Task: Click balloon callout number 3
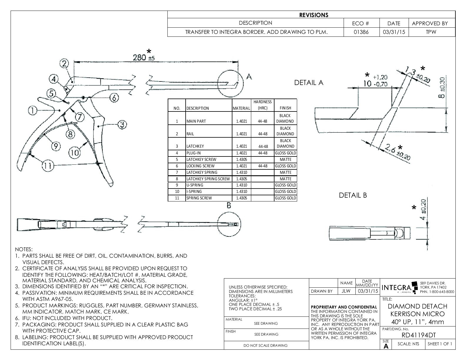tap(122, 125)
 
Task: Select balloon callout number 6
tap(114, 97)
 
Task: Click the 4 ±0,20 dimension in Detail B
tap(423, 210)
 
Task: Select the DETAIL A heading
tap(309, 83)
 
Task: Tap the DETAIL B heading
tap(353, 195)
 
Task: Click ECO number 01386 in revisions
tap(361, 32)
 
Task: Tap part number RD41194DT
tap(418, 335)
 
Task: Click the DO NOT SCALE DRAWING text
tap(266, 345)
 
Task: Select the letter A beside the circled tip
tap(249, 77)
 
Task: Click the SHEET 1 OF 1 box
tap(440, 344)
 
